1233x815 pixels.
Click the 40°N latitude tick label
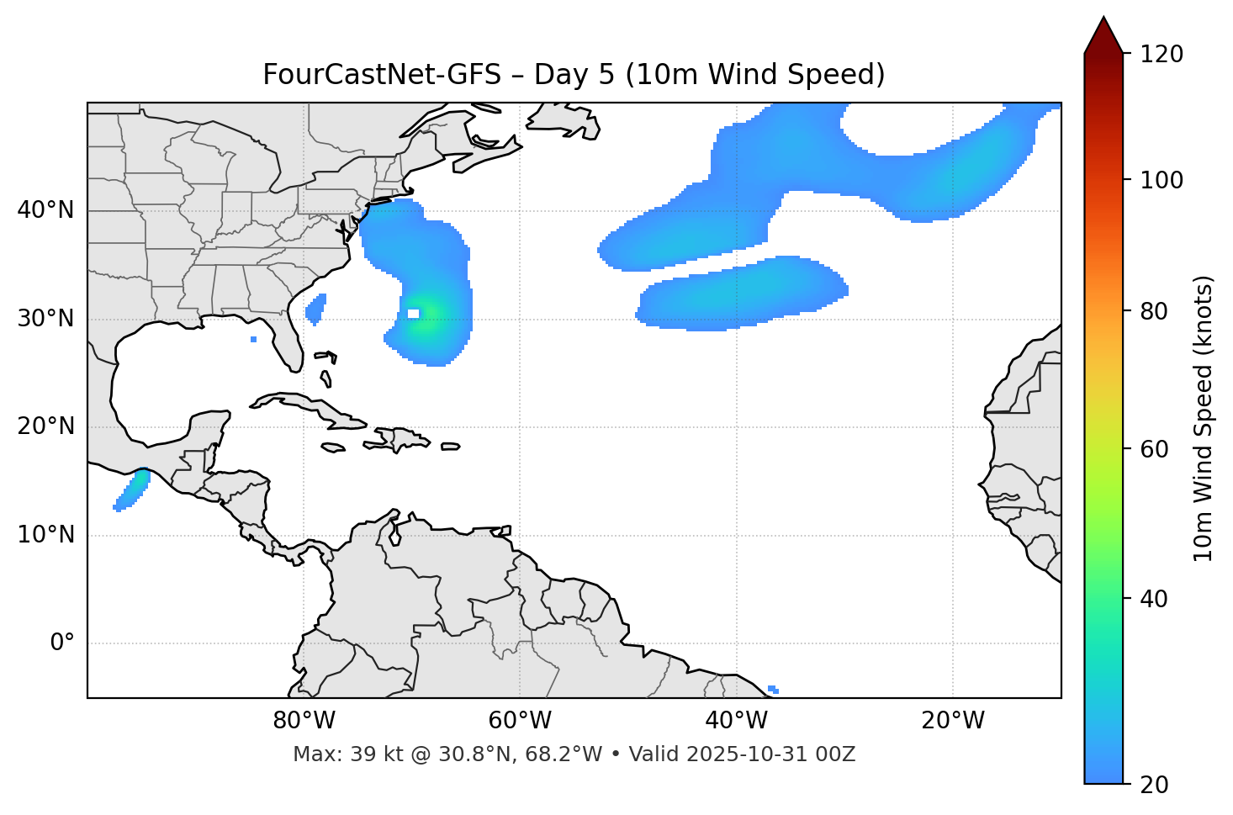pyautogui.click(x=45, y=210)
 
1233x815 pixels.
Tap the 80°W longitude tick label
pyautogui.click(x=304, y=721)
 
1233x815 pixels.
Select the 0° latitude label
pyautogui.click(x=62, y=643)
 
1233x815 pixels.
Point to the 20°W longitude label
pyautogui.click(x=953, y=721)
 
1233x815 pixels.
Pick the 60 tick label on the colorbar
pyautogui.click(x=1155, y=449)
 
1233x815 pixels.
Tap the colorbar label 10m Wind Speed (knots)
pyautogui.click(x=1204, y=418)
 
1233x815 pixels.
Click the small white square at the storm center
pyautogui.click(x=413, y=314)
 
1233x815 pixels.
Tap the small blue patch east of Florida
pyautogui.click(x=316, y=310)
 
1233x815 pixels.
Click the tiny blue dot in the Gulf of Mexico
pyautogui.click(x=254, y=339)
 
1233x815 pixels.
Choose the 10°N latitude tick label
pyautogui.click(x=45, y=535)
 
